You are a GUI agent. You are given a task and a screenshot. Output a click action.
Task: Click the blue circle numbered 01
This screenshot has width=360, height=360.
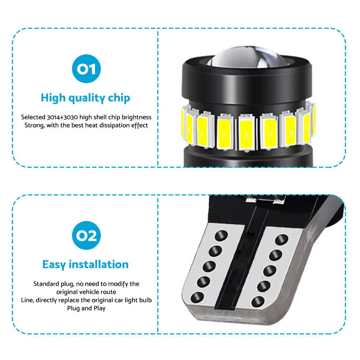86,69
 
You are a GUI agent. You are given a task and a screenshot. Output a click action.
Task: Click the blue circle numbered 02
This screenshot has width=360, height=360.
86,235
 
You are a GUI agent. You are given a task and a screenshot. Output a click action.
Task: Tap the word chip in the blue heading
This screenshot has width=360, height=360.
119,98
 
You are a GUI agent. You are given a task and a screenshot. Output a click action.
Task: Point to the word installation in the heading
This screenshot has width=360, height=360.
99,264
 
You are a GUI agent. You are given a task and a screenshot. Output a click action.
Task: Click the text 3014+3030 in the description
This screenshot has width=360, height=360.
62,117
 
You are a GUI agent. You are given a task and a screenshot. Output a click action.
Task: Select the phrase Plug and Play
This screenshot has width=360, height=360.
86,309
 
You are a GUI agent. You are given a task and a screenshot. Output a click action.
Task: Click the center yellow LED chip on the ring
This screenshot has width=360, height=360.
246,133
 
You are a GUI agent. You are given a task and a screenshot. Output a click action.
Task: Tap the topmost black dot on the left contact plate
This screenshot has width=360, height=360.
221,235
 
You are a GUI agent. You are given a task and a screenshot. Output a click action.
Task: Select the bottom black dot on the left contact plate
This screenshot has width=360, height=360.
197,297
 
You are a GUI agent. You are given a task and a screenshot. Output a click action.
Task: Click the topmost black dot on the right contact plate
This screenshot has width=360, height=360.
282,239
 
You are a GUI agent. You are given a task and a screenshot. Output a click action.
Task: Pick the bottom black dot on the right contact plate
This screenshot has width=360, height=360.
258,301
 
